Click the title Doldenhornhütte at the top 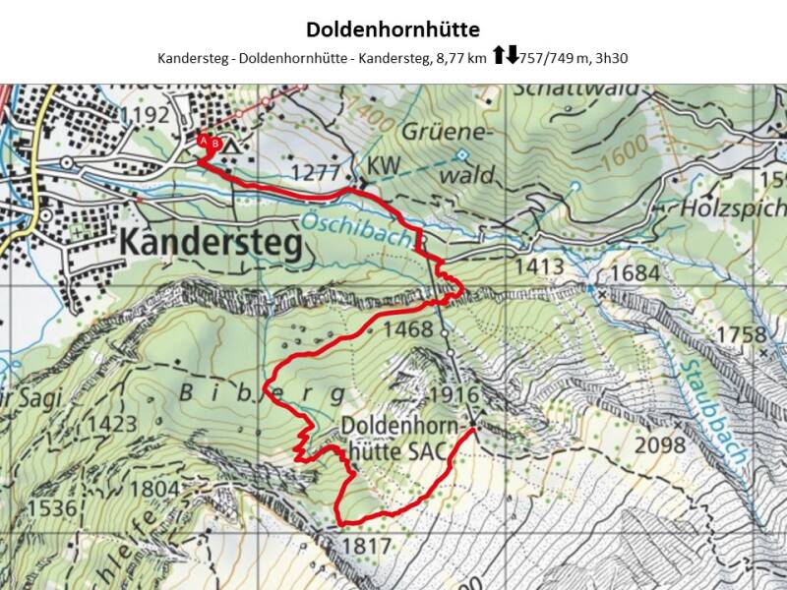coord(393,29)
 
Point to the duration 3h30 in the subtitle coord(608,58)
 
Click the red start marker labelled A coord(205,142)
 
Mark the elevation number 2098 coord(660,445)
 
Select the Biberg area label coord(263,394)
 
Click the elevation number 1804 coord(154,488)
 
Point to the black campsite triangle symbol coord(232,145)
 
